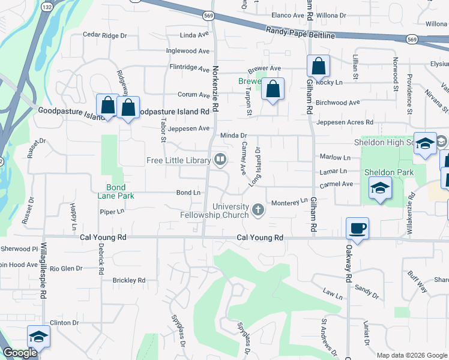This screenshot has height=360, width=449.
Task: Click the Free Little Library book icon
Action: [220, 160]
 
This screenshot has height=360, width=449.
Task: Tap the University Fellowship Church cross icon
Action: [258, 209]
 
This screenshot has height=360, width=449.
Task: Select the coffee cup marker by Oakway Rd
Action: [358, 229]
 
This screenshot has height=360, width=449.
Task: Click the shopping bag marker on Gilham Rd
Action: [318, 67]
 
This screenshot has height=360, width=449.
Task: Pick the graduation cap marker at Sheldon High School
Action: [425, 143]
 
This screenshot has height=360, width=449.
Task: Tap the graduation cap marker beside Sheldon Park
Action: [380, 188]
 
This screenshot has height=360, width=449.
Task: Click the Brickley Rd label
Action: [129, 280]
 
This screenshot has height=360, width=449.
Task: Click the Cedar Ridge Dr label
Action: [105, 35]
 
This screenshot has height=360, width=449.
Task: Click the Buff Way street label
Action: [417, 282]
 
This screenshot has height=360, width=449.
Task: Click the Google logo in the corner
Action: [20, 353]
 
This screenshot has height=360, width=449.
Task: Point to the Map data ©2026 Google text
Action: [412, 355]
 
